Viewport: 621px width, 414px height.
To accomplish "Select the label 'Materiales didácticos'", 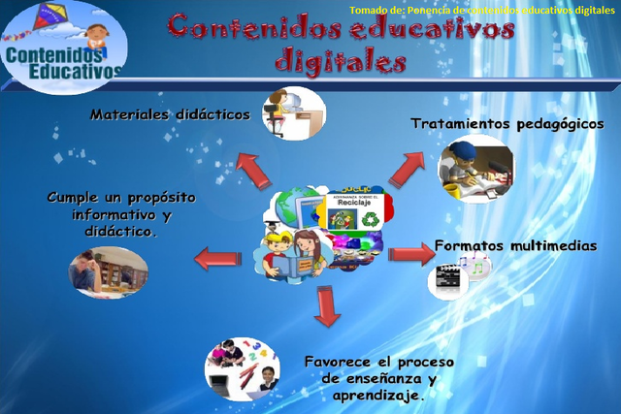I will click(170, 114).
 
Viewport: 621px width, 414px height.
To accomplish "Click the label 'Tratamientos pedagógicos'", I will click(507, 124).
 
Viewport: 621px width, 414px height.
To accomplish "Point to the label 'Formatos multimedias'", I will click(515, 245).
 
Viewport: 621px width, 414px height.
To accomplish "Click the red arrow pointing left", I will click(217, 259).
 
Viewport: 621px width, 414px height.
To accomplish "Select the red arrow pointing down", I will click(328, 304).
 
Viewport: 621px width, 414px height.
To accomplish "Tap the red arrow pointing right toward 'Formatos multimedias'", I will click(410, 254).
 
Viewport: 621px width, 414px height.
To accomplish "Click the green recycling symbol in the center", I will click(370, 220).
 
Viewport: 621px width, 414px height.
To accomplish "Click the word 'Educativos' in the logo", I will click(76, 71).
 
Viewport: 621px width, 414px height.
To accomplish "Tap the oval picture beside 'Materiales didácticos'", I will click(292, 112).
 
